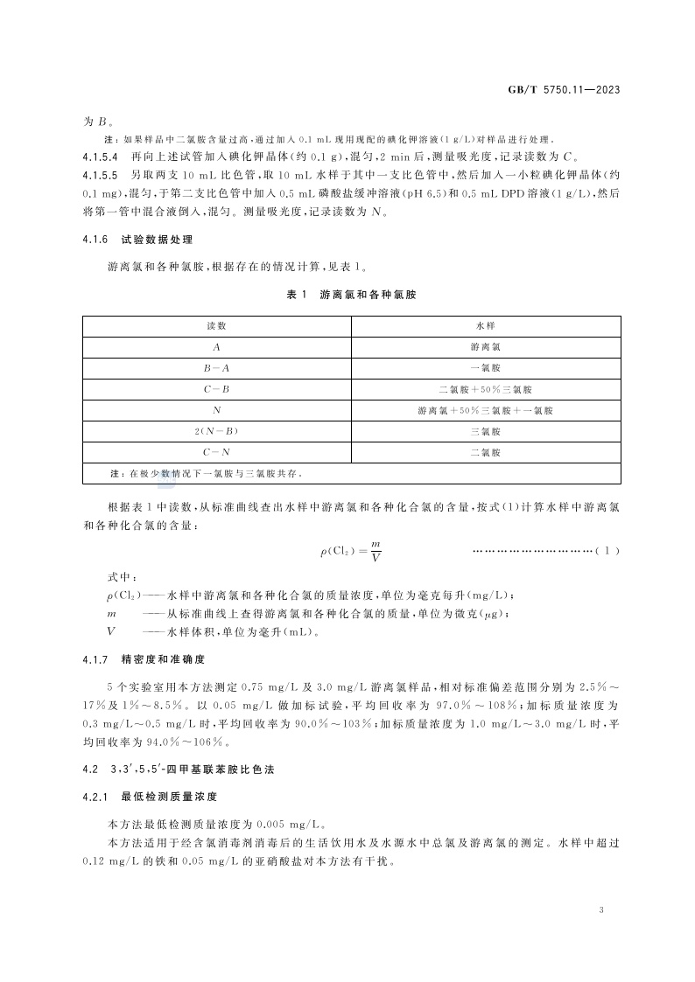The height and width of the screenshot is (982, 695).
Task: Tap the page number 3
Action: pos(601,910)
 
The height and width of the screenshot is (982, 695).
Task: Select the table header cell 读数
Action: pos(216,325)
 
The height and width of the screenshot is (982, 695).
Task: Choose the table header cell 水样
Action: pos(485,325)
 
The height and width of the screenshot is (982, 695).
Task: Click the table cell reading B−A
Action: pos(216,367)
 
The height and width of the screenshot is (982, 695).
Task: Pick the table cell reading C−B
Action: pos(216,388)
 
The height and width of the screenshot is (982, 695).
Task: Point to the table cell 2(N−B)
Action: pos(216,431)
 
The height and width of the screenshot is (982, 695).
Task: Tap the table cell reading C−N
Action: pos(216,452)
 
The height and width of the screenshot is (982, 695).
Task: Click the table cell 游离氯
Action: pos(485,346)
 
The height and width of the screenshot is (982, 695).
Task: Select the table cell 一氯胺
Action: pos(485,367)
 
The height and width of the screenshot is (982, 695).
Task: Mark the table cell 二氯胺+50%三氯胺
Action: pos(485,388)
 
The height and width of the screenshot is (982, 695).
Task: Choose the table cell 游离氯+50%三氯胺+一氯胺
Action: pos(485,410)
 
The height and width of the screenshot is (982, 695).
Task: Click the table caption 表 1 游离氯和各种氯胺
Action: pos(351,296)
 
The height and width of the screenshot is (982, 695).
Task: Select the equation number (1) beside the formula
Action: pos(607,550)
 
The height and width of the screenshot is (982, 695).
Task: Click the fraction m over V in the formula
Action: pos(375,550)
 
